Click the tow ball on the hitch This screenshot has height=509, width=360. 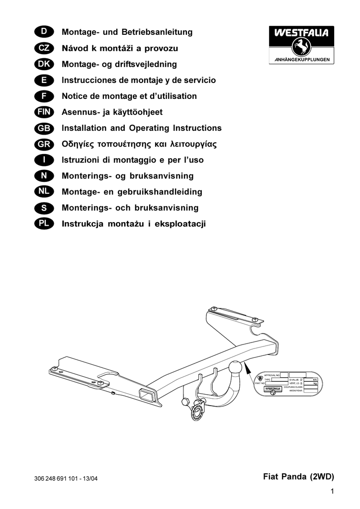235,368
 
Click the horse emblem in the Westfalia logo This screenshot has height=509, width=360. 302,48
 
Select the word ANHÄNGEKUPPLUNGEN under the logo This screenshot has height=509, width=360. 302,60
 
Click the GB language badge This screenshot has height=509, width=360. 44,128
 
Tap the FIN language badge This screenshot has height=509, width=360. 44,112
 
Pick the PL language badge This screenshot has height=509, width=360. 44,224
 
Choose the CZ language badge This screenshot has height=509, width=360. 44,48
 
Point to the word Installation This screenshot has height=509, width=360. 85,128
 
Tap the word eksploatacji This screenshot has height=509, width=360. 180,224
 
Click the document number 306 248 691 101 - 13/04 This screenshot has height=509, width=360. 67,479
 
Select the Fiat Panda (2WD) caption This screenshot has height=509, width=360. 298,477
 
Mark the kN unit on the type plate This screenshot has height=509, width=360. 314,379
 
